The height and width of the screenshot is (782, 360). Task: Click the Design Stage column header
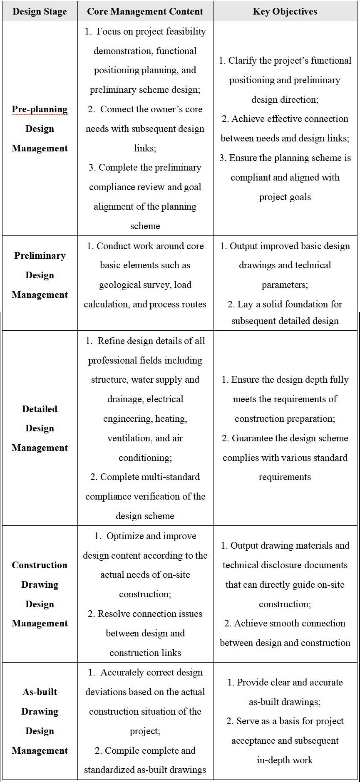(x=40, y=12)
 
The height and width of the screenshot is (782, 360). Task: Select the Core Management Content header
(x=145, y=12)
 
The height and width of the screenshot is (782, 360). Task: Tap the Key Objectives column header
(x=285, y=12)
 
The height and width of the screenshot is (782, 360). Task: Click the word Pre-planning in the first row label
(x=40, y=109)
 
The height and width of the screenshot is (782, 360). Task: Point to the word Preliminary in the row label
(x=40, y=256)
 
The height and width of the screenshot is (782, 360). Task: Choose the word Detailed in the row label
(x=40, y=409)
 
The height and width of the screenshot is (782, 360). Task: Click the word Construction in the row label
(x=40, y=565)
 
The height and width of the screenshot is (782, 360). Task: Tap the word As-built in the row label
(x=40, y=692)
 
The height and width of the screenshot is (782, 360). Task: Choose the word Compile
(x=120, y=751)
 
